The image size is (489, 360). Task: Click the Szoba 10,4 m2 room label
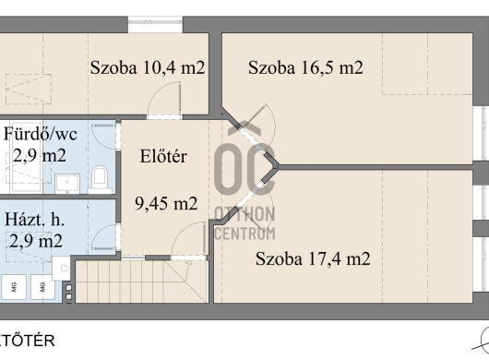coord(148,67)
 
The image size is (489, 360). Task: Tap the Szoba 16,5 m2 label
coord(305,67)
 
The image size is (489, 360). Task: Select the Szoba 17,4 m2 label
coord(313,258)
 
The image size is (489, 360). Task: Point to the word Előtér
coord(163,156)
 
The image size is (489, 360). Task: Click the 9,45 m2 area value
coord(166,203)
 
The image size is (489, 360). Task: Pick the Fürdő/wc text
coord(41,135)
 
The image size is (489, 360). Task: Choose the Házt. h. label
coord(35,220)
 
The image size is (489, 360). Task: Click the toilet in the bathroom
coord(100,179)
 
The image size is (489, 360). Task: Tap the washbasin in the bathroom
coord(67,184)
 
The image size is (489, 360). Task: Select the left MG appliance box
coord(14,286)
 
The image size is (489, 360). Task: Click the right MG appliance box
coord(42,286)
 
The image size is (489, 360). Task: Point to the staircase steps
coord(141,282)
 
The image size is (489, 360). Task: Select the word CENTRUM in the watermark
coord(245,234)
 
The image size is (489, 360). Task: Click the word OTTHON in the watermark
coord(244,214)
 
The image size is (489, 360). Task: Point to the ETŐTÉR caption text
coord(28,341)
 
